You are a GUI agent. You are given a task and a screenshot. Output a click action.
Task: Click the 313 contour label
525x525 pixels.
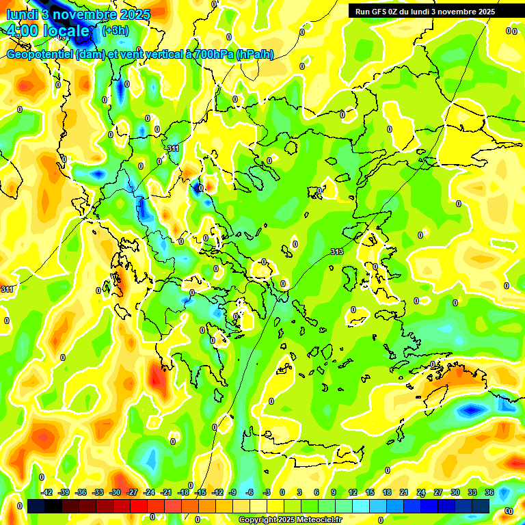point(337,252)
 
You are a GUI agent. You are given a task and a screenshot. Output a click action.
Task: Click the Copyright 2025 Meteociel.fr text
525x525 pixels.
point(290,520)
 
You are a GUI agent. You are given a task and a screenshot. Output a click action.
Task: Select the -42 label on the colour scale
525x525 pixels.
point(47,492)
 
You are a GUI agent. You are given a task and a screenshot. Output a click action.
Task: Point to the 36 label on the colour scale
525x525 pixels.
point(489,492)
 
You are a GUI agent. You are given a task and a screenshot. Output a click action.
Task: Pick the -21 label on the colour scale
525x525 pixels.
point(166,492)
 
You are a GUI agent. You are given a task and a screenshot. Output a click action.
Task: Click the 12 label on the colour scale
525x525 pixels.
point(353,492)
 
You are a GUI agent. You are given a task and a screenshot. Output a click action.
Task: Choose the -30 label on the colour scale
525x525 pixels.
point(115,492)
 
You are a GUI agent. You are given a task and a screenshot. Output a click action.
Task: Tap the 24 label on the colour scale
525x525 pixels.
point(421,492)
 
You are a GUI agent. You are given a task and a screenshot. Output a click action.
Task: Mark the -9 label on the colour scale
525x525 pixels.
point(232,492)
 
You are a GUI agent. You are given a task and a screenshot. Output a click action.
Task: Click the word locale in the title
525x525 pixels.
point(67,31)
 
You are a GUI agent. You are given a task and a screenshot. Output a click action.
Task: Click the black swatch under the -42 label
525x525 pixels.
point(37,506)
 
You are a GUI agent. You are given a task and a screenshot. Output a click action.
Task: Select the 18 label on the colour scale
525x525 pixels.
point(387,492)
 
